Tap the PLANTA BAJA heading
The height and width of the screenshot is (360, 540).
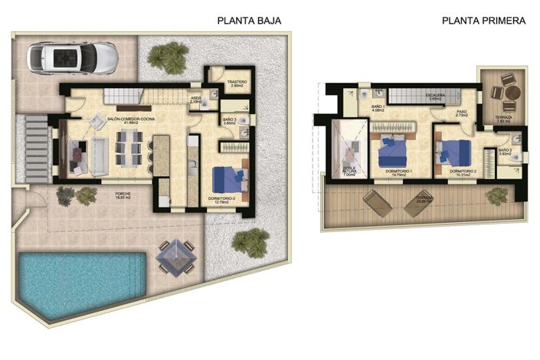tap(249, 21)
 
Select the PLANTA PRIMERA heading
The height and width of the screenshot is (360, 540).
tap(483, 21)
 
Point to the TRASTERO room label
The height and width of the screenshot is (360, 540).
tap(236, 80)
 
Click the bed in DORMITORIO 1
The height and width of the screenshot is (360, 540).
tap(395, 149)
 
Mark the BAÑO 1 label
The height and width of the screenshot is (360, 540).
tap(377, 107)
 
